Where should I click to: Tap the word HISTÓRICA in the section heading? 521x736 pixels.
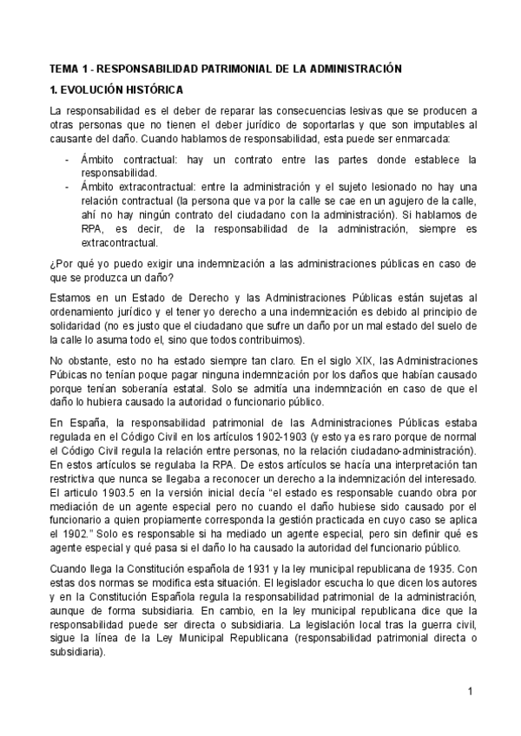147,89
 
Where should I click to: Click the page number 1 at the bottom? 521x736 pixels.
469,691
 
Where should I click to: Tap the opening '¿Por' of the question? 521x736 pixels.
63,263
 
